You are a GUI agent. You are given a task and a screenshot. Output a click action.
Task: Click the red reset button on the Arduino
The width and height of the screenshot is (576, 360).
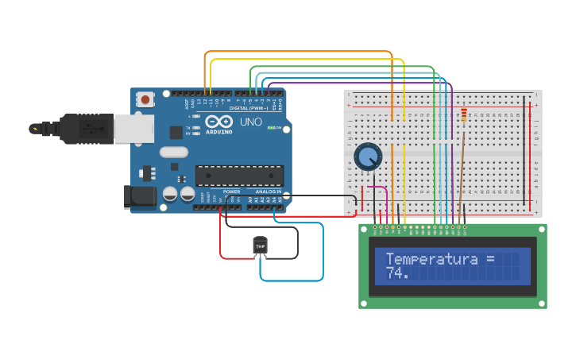146,100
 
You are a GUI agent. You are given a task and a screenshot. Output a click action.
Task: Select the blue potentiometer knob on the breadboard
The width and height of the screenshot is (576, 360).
368,157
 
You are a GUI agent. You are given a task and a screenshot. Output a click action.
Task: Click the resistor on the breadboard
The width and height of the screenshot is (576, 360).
464,118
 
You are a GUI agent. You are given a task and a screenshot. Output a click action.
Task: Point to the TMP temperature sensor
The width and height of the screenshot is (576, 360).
260,246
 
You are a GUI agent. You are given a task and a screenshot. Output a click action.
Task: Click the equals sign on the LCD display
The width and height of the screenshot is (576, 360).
489,259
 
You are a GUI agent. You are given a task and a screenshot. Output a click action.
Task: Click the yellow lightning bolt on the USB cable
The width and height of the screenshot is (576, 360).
34,128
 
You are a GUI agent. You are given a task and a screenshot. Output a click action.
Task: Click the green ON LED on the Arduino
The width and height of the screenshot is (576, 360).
272,128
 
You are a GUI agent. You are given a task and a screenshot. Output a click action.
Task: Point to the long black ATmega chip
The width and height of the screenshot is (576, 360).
239,175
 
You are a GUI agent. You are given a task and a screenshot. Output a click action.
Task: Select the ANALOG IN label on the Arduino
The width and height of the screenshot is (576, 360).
269,192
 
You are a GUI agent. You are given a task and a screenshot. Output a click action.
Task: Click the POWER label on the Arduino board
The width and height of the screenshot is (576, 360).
232,192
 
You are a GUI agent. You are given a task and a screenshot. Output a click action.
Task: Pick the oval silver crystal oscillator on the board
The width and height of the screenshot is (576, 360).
174,152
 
